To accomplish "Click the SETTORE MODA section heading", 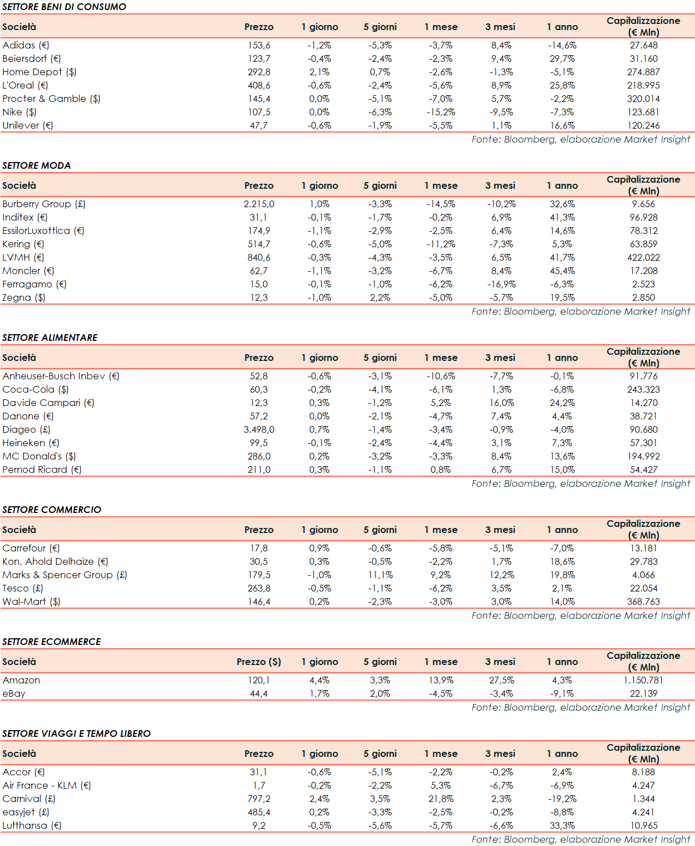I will point(37,165).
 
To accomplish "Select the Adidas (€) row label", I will point(26,45).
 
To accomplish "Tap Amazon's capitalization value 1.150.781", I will point(643,680).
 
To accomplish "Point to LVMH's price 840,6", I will point(259,257).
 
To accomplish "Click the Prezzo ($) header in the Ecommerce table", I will point(259,662).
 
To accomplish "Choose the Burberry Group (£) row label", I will point(44,204).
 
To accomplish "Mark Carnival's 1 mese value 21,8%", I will point(441,799).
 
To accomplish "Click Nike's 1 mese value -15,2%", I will point(441,112).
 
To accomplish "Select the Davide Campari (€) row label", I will point(48,403).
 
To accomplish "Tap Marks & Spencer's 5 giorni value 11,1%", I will point(380,575).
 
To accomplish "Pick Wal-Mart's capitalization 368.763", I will point(643,602).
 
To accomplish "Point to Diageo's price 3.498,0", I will point(259,429).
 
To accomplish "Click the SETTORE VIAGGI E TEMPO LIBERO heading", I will point(76,733).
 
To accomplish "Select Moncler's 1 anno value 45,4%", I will point(562,271).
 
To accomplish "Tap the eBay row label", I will point(14,693).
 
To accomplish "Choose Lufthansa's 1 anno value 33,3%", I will point(562,825).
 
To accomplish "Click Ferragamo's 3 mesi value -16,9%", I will point(501,284).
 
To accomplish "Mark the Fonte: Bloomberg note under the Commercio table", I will point(580,615).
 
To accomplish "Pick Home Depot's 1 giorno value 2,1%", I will point(319,72).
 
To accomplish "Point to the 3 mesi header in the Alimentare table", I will point(500,358).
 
